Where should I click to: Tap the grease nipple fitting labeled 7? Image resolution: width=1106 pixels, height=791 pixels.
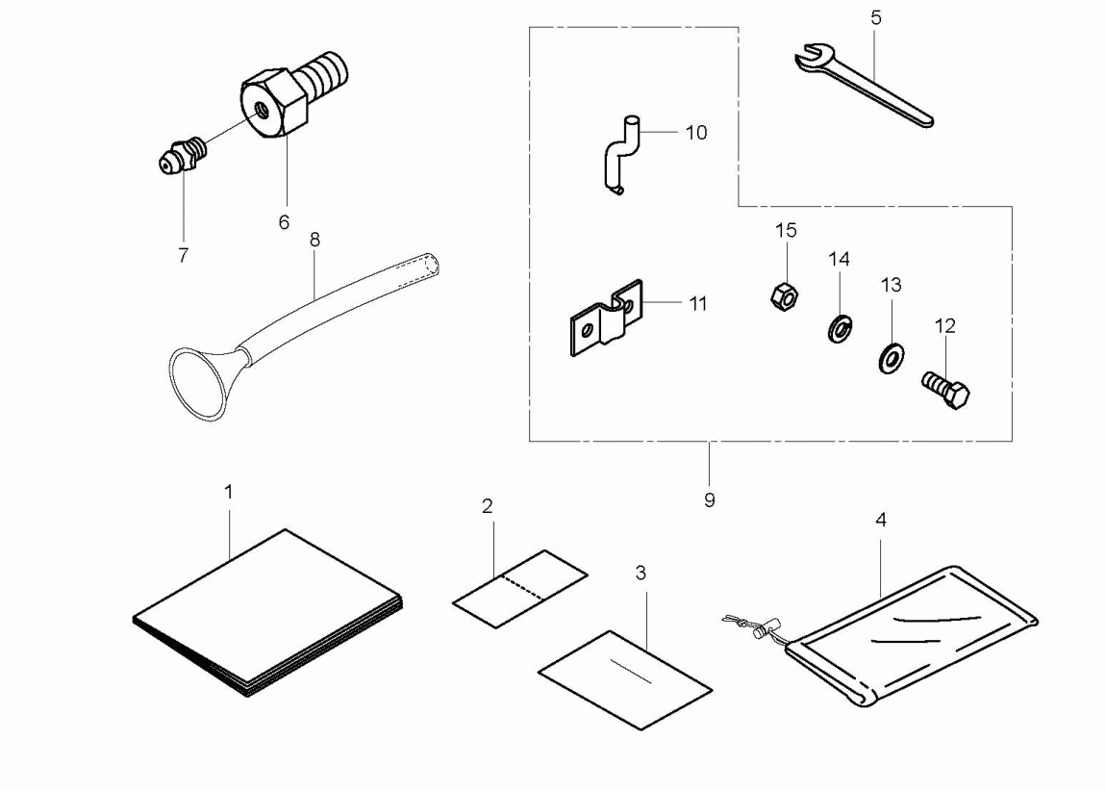[x=183, y=155]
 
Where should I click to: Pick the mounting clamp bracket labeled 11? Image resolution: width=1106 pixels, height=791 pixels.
[x=607, y=319]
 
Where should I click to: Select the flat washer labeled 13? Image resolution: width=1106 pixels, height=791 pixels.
[x=892, y=359]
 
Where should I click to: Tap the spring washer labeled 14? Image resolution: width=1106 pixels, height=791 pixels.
[x=840, y=329]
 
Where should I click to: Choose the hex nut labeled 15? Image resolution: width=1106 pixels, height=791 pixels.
[x=785, y=295]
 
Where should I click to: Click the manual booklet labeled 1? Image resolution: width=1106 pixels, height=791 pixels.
[x=268, y=612]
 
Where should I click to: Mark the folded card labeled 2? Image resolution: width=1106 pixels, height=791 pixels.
[x=520, y=588]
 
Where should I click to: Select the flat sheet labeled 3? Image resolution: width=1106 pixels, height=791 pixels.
[x=625, y=679]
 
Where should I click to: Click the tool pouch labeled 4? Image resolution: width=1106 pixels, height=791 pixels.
[x=910, y=635]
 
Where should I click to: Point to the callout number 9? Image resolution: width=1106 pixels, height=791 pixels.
[x=710, y=500]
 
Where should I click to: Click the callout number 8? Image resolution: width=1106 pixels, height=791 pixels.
[x=314, y=240]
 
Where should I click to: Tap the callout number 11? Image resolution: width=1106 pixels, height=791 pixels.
[x=697, y=304]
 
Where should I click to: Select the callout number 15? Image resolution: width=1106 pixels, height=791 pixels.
[x=786, y=231]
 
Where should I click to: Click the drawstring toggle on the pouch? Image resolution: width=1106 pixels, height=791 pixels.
[x=762, y=629]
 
